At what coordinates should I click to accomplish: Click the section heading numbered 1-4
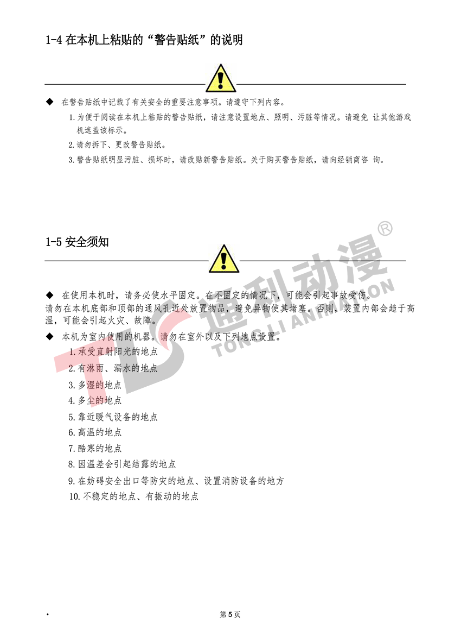coord(144,40)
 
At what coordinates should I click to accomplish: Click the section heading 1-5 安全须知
coord(77,242)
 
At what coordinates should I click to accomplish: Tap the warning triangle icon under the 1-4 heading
coord(221,78)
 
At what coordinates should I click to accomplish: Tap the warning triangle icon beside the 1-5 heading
coord(224,259)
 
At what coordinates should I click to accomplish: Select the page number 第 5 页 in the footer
coord(230,614)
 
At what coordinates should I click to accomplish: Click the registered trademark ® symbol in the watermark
coord(385,229)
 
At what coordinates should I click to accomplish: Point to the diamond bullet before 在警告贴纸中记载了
coord(50,102)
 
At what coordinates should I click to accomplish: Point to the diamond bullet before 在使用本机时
coord(50,295)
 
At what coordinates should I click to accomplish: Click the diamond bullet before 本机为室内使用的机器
coord(50,337)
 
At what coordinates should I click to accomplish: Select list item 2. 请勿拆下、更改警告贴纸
coord(117,145)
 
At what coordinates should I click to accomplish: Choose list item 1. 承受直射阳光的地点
coord(113,351)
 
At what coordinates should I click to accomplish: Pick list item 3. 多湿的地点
coord(94,385)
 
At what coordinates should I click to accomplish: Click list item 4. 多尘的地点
coord(94,400)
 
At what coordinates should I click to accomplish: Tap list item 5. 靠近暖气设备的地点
coord(113,417)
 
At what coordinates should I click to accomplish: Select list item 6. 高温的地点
coord(94,432)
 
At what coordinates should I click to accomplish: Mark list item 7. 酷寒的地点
coord(94,448)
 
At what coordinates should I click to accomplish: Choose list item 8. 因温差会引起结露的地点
coord(121,464)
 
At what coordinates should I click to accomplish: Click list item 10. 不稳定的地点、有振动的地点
coord(134,496)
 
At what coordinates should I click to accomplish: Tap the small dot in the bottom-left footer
coord(47,615)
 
